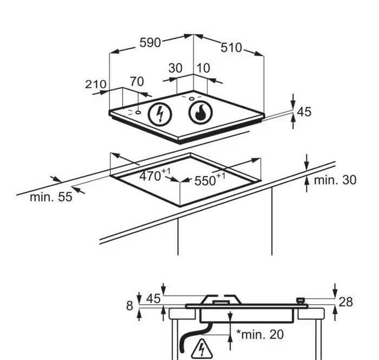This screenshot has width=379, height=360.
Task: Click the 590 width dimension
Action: [x=150, y=43]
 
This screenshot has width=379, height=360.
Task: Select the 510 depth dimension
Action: [x=231, y=48]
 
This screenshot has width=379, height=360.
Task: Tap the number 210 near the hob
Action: [x=96, y=84]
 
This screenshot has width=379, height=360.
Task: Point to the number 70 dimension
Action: [x=137, y=81]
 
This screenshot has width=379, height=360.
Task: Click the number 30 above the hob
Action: [x=175, y=68]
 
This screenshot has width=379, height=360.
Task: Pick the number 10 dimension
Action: [x=203, y=68]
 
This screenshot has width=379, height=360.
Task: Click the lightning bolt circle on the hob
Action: [x=160, y=114]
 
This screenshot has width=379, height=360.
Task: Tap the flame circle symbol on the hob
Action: [x=201, y=113]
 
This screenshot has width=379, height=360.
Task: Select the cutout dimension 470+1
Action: [x=155, y=175]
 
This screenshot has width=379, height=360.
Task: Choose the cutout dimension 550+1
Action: [x=210, y=180]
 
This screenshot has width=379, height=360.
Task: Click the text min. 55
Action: [x=51, y=197]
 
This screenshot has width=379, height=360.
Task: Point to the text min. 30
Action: [x=335, y=180]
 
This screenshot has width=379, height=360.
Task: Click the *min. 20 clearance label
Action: [x=260, y=335]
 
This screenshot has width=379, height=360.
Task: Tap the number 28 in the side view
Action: [x=345, y=302]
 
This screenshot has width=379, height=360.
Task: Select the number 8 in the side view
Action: [x=129, y=306]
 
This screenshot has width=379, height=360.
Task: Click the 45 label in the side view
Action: [x=153, y=298]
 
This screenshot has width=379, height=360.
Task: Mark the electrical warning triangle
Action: [x=201, y=349]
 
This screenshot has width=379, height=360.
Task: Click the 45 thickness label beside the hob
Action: [x=304, y=112]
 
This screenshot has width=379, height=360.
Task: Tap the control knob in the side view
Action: [x=300, y=301]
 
